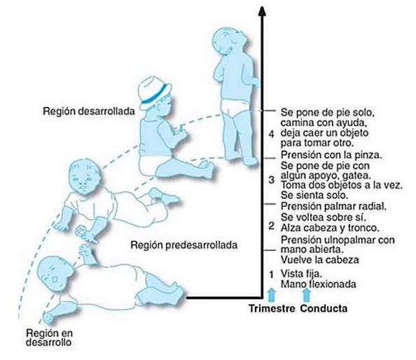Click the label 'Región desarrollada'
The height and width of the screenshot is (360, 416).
(x=89, y=111)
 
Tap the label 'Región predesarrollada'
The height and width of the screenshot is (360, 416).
(x=184, y=245)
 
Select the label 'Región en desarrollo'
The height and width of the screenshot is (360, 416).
(x=49, y=337)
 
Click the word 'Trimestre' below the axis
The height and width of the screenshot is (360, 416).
(x=272, y=309)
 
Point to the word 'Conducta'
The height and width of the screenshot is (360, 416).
(x=324, y=309)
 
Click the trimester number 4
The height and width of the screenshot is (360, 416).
(x=271, y=134)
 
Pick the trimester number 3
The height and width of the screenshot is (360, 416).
(x=271, y=179)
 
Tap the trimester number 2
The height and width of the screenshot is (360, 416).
(x=271, y=226)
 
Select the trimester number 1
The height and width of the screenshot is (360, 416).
(x=271, y=275)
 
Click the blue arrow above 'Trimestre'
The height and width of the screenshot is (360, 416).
(x=272, y=295)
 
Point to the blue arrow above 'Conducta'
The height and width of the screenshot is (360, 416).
(x=307, y=295)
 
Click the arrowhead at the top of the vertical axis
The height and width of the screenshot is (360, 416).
(x=262, y=11)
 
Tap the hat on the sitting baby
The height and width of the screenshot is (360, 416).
(x=154, y=93)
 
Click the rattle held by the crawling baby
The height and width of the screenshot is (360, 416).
(x=80, y=231)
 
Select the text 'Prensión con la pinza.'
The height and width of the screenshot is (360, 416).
(x=331, y=155)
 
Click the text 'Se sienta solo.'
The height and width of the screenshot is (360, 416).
(x=314, y=195)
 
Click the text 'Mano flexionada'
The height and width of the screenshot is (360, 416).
(x=319, y=284)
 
